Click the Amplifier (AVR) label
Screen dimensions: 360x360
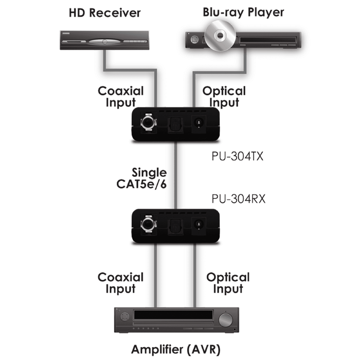click(175, 350)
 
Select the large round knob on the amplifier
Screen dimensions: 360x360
click(224, 319)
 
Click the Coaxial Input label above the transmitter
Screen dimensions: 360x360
click(121, 97)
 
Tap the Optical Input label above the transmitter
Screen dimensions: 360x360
click(224, 97)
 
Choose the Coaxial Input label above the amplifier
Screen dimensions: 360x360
click(121, 283)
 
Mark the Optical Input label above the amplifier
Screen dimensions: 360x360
click(228, 283)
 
